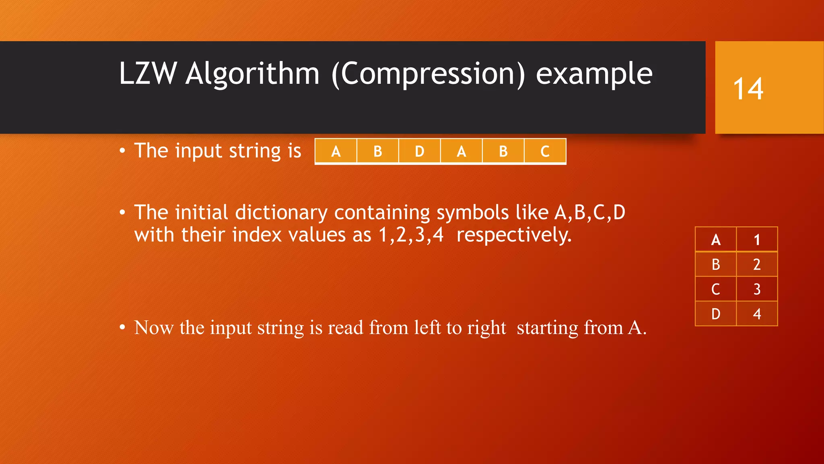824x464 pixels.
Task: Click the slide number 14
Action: pos(748,89)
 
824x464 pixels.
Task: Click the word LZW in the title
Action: pos(148,74)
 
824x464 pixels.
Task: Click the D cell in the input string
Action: pos(419,151)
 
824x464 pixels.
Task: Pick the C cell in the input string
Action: pos(545,151)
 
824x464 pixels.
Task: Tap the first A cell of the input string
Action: pos(336,151)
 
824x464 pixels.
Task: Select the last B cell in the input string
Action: pos(503,151)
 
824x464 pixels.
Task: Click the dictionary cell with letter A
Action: pos(716,240)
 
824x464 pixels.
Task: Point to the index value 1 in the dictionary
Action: pos(757,240)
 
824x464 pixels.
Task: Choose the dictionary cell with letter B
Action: pos(716,265)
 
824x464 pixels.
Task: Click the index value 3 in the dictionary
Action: pos(757,289)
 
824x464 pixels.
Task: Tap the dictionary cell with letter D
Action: pos(716,314)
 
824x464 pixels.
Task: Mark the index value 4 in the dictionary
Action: pos(757,314)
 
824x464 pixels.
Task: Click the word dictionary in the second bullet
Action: pos(281,213)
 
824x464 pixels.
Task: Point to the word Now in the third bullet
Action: pos(154,327)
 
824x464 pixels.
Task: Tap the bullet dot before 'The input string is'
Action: pos(122,151)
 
